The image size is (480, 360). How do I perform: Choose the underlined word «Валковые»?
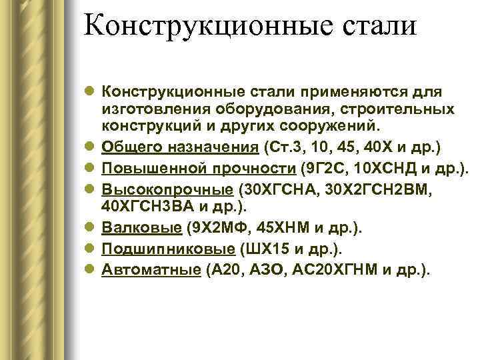pos(141,229)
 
